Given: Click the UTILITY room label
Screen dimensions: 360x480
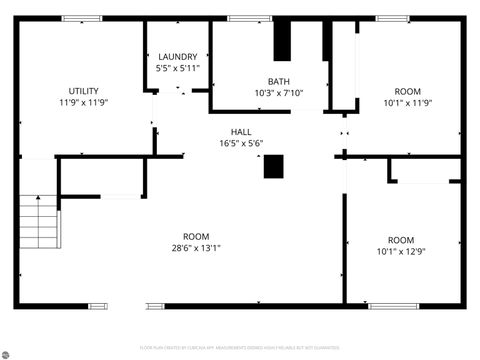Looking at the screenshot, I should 84,91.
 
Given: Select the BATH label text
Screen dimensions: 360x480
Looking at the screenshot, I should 279,82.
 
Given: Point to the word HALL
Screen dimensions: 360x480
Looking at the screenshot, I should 241,131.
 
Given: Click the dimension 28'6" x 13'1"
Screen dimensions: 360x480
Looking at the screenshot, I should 196,248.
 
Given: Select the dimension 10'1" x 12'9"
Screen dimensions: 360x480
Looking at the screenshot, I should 400,252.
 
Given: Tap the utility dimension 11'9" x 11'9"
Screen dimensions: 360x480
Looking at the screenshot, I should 84,102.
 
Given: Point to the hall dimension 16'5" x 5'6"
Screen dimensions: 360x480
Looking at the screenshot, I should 241,143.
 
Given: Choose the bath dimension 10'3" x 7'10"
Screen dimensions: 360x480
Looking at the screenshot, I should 279,93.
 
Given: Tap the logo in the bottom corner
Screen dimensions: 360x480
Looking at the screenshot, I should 9,351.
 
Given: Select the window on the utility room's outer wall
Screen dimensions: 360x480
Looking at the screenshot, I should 74,18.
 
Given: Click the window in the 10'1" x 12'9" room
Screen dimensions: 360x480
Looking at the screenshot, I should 392,305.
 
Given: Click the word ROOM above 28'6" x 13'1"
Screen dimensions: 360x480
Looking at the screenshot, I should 196,236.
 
